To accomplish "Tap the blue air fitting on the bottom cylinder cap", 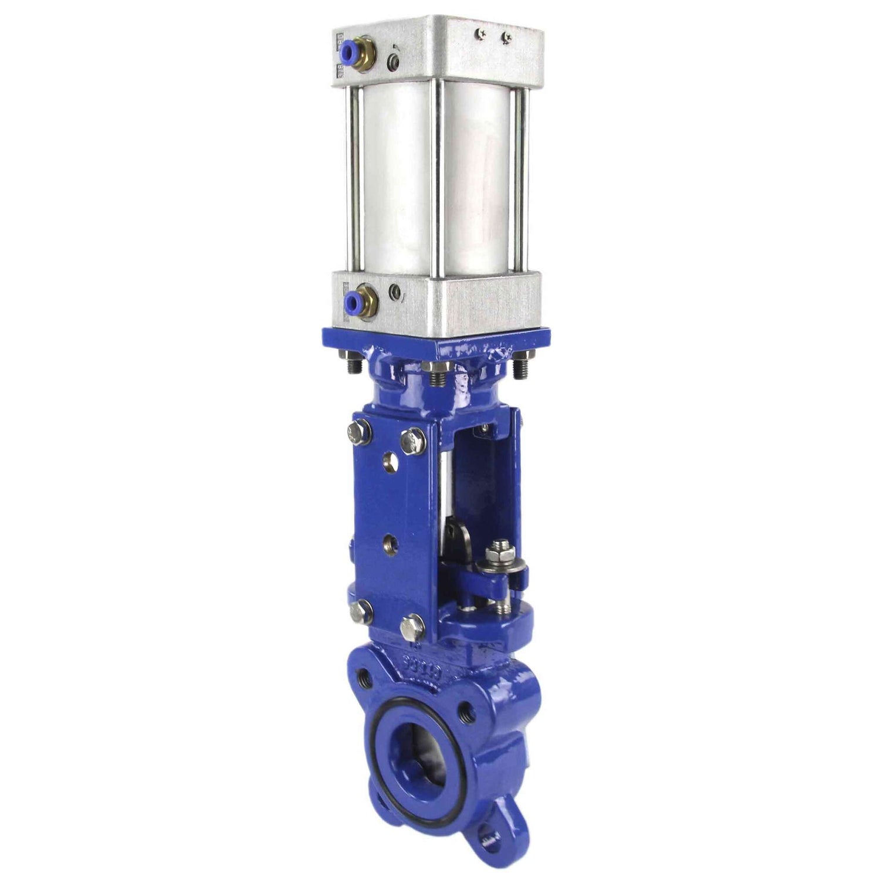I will (x=353, y=302).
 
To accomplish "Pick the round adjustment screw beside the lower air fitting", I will (x=398, y=292).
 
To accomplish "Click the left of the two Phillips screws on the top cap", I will (x=482, y=35).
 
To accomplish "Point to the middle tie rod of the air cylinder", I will (x=437, y=176).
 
